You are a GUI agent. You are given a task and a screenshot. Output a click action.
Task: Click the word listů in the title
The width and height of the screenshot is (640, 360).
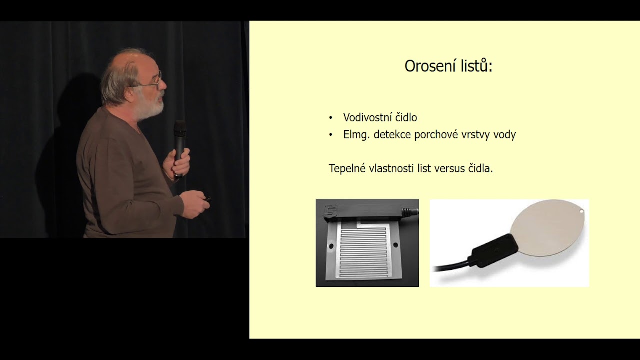pos(476,66)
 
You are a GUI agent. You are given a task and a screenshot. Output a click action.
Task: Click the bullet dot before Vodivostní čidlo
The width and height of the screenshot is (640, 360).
pos(331,118)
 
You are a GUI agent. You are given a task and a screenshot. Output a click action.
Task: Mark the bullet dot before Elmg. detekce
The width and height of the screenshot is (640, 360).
pos(331,135)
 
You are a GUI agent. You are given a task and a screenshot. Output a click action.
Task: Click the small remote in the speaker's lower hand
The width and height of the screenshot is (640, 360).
pos(206,199)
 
